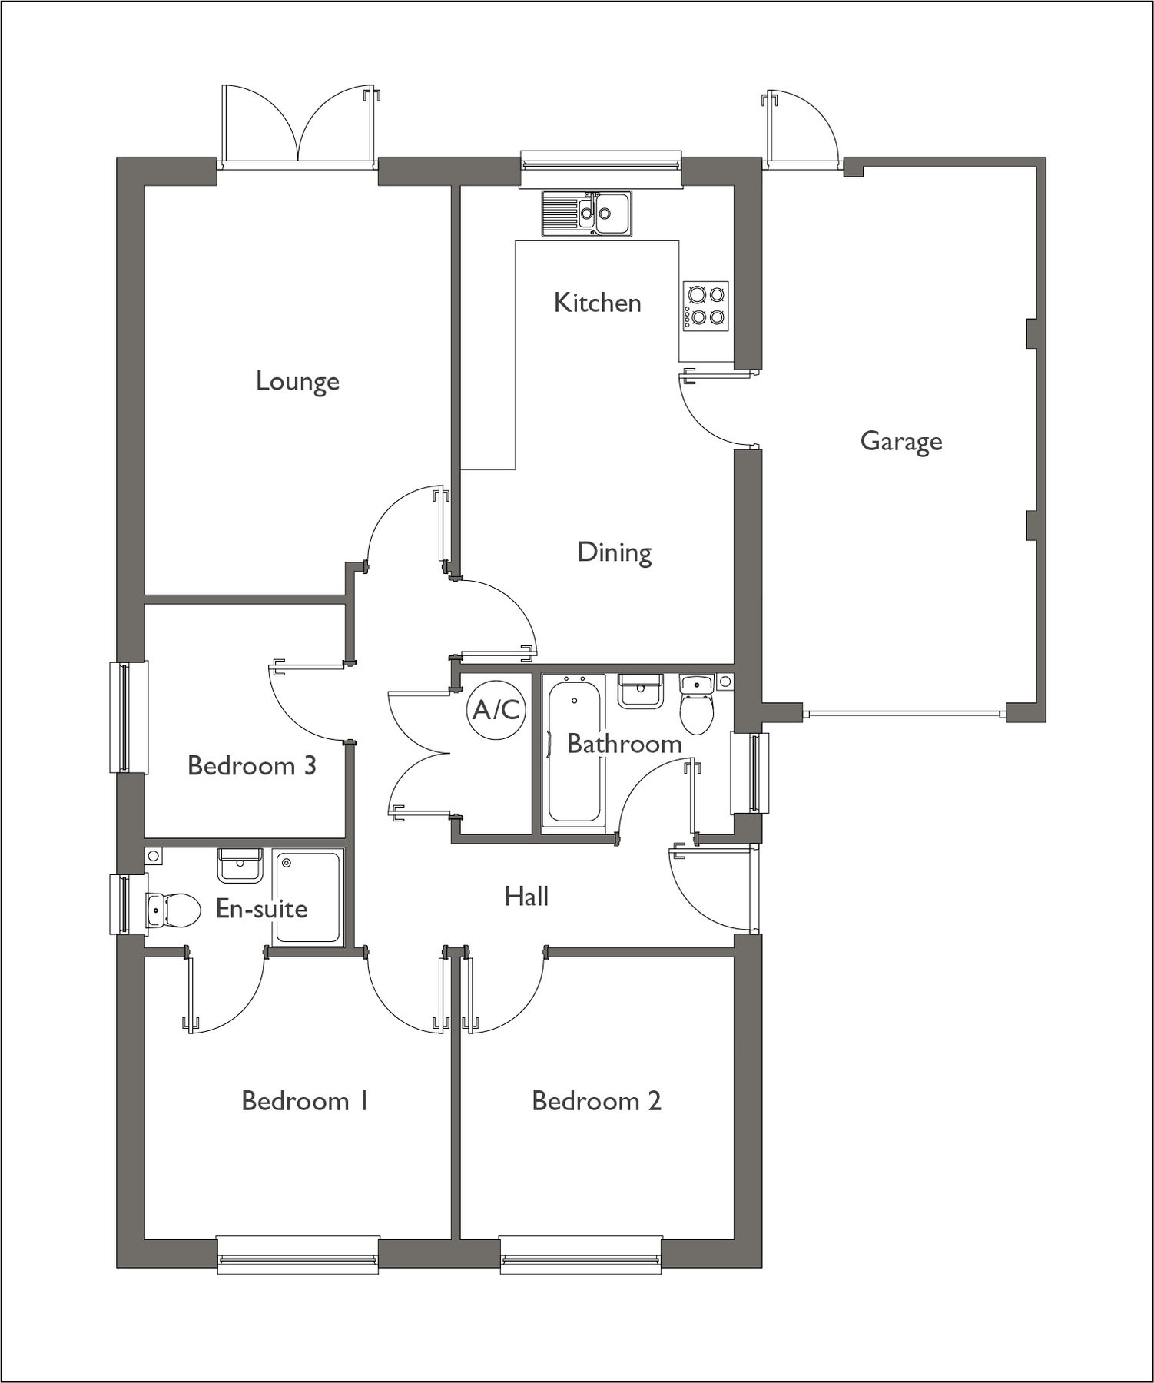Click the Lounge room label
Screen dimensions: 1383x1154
(297, 381)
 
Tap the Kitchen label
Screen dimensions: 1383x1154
(597, 303)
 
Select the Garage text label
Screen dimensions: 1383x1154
(900, 442)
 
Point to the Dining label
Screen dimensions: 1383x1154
(615, 552)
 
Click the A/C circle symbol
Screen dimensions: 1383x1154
(496, 710)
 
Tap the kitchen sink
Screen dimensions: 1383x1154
(586, 213)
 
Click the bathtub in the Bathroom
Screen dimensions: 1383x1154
(572, 750)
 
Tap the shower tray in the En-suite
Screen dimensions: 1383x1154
(307, 897)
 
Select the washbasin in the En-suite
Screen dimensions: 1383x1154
(240, 865)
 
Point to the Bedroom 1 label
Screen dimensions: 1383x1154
(305, 1101)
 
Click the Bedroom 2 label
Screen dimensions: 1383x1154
(596, 1101)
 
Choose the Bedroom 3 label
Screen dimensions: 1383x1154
(252, 765)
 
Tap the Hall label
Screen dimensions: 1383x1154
(526, 896)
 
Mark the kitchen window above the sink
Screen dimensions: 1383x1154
(600, 163)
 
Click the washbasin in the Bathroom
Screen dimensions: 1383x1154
(640, 690)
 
